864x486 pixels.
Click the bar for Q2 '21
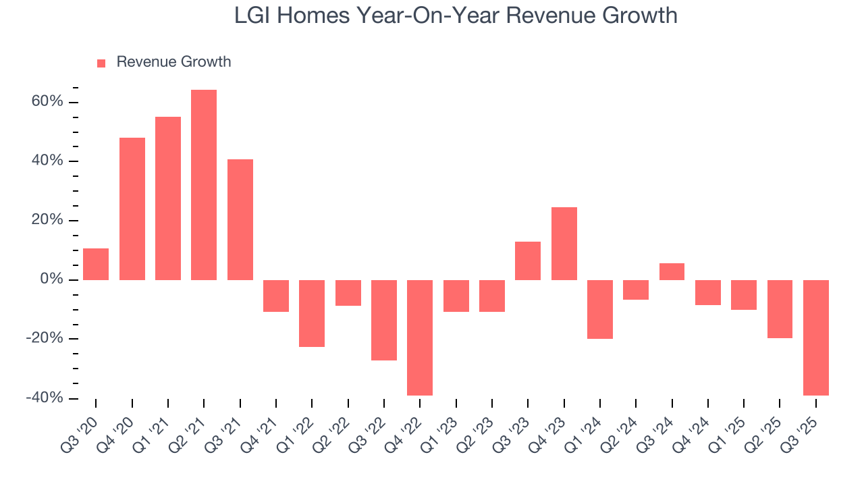pyautogui.click(x=204, y=184)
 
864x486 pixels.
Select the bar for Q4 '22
pyautogui.click(x=420, y=337)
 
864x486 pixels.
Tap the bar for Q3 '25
pyautogui.click(x=815, y=337)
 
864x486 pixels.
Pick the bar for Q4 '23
pyautogui.click(x=564, y=243)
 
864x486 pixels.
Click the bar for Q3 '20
pyautogui.click(x=96, y=264)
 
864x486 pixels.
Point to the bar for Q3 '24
pyautogui.click(x=672, y=271)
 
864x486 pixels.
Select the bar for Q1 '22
pyautogui.click(x=312, y=313)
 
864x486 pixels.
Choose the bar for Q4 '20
pyautogui.click(x=132, y=209)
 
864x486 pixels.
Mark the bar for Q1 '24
pyautogui.click(x=600, y=309)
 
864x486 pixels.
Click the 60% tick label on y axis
pyautogui.click(x=47, y=102)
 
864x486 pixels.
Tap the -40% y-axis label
pyautogui.click(x=45, y=398)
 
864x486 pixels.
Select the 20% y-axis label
pyautogui.click(x=47, y=221)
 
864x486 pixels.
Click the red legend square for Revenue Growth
pyautogui.click(x=101, y=63)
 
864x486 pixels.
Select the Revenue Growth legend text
pyautogui.click(x=173, y=62)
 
